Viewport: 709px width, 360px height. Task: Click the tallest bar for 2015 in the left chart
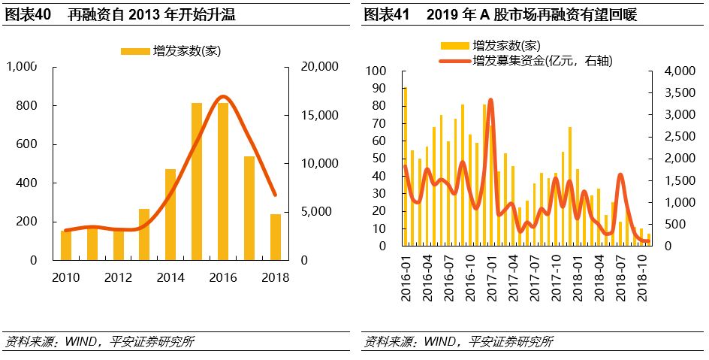(x=197, y=181)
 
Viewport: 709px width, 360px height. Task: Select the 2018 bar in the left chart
(x=276, y=237)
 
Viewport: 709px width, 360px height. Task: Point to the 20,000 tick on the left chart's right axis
(x=318, y=67)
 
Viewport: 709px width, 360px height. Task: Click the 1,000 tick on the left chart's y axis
(x=22, y=67)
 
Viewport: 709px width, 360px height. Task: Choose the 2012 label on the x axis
(x=118, y=277)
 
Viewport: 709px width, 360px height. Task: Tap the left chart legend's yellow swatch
(x=134, y=50)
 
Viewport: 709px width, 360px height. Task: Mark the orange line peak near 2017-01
(x=490, y=100)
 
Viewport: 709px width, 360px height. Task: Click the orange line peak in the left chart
(x=223, y=96)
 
